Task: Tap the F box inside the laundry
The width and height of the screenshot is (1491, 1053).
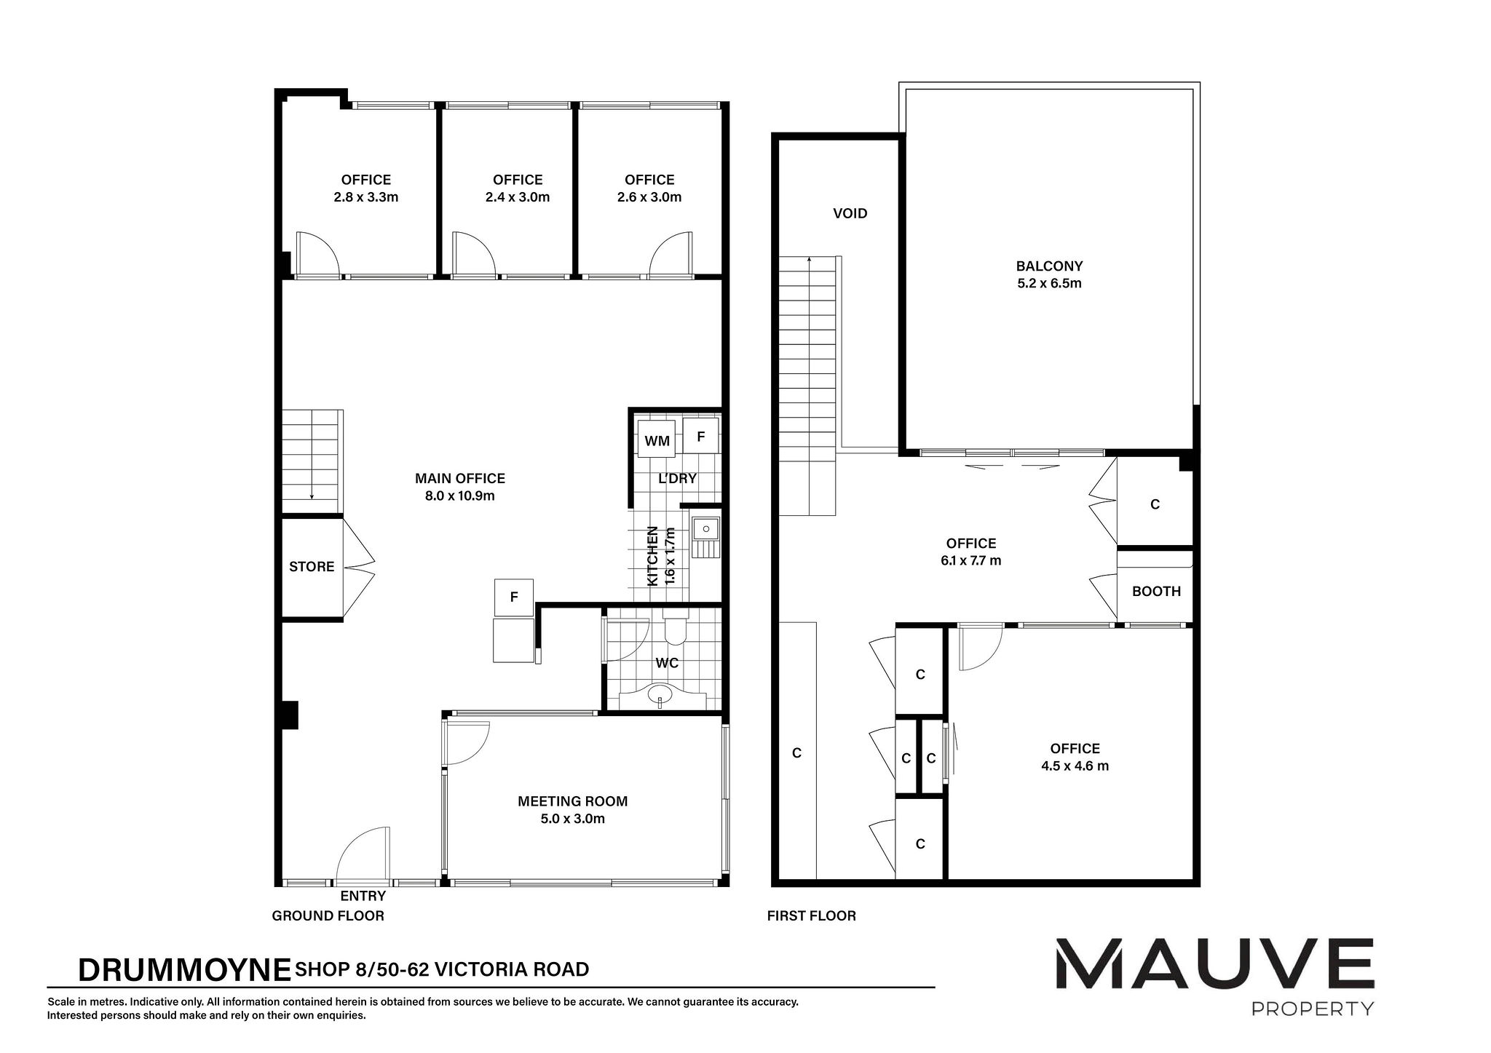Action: pos(701,437)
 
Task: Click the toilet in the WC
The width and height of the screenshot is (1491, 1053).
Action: pos(675,630)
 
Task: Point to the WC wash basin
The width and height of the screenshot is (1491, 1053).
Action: pos(661,693)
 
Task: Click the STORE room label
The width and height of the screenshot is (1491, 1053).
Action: pos(312,567)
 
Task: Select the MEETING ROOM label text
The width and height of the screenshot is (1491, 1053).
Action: pos(572,801)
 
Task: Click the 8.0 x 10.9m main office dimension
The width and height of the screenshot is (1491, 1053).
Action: pos(460,496)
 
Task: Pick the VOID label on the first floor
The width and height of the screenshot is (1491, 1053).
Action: pos(850,213)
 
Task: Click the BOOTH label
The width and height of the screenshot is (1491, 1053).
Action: pos(1156,592)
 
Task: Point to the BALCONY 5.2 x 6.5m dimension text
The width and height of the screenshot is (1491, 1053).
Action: pos(1049,284)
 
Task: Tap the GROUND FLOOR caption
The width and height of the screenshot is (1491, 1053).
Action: pos(328,915)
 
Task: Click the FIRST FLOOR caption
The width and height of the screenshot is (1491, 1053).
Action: pos(811,915)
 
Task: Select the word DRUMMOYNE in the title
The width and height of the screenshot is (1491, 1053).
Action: pos(184,970)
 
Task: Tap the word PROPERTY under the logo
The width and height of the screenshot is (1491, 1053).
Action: pos(1312,1009)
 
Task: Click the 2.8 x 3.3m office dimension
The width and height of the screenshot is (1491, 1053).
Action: pos(365,197)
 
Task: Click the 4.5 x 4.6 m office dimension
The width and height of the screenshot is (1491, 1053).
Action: pos(1075,766)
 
